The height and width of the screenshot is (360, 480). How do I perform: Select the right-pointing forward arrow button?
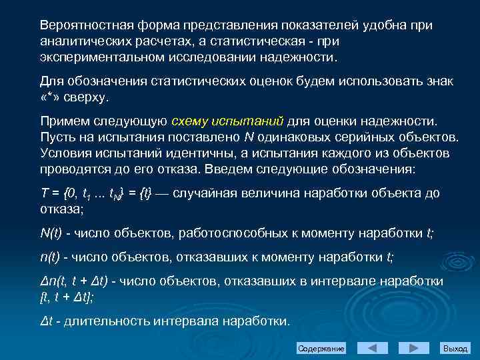[414, 349]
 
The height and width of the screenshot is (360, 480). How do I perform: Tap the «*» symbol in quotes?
[51, 97]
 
